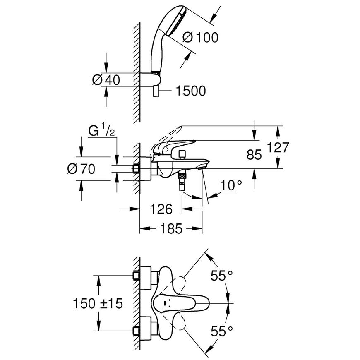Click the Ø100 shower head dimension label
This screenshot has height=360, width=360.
coord(200,37)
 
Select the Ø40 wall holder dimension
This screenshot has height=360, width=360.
coord(106,80)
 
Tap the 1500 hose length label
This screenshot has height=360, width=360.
coord(191,91)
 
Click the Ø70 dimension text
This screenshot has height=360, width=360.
coord(81,169)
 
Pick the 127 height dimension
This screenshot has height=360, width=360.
coord(278,147)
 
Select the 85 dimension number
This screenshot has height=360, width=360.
coord(254,155)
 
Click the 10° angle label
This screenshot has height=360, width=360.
coord(231,185)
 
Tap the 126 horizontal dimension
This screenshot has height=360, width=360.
coord(161,209)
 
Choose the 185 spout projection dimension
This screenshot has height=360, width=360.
coord(171,229)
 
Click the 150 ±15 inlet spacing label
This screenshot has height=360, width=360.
coord(98,304)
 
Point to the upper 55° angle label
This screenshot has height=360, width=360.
coord(221,276)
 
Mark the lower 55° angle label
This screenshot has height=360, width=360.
coord(221,331)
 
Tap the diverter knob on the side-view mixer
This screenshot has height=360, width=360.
coord(182,154)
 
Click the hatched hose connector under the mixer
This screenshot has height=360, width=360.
coord(182,177)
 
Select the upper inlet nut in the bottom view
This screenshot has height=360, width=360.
coord(136,275)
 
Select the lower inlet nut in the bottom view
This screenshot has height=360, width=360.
coord(136,331)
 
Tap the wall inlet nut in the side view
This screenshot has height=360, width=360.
coord(136,169)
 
